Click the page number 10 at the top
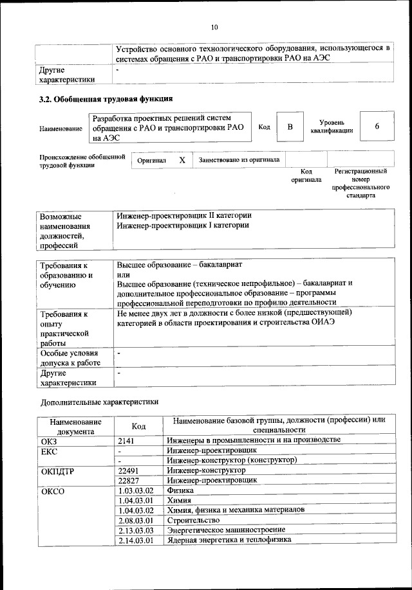click(214, 26)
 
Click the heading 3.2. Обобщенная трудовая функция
click(106, 99)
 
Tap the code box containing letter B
click(290, 127)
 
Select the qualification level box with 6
click(377, 127)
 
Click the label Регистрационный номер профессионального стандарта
click(360, 184)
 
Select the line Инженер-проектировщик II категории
click(184, 215)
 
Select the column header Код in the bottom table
click(138, 426)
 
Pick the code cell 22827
click(131, 480)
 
